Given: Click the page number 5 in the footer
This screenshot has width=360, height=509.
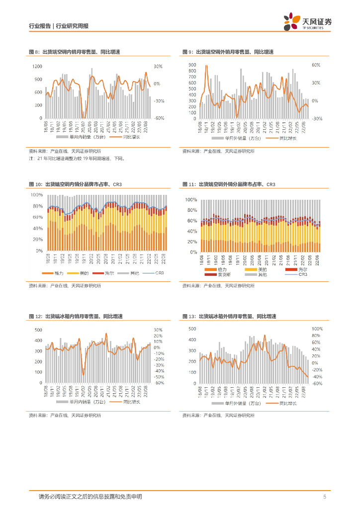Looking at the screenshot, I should coord(324,497).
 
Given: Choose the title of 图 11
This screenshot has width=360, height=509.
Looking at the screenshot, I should coord(229,184).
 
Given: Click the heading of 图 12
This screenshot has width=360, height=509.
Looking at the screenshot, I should coord(76,316).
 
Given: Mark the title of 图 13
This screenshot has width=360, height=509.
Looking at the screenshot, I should coord(229,316).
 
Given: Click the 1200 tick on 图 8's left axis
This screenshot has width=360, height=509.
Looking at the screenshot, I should coord(37,66).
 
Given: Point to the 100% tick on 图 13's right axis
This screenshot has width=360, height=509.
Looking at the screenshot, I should coord(317,329).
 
